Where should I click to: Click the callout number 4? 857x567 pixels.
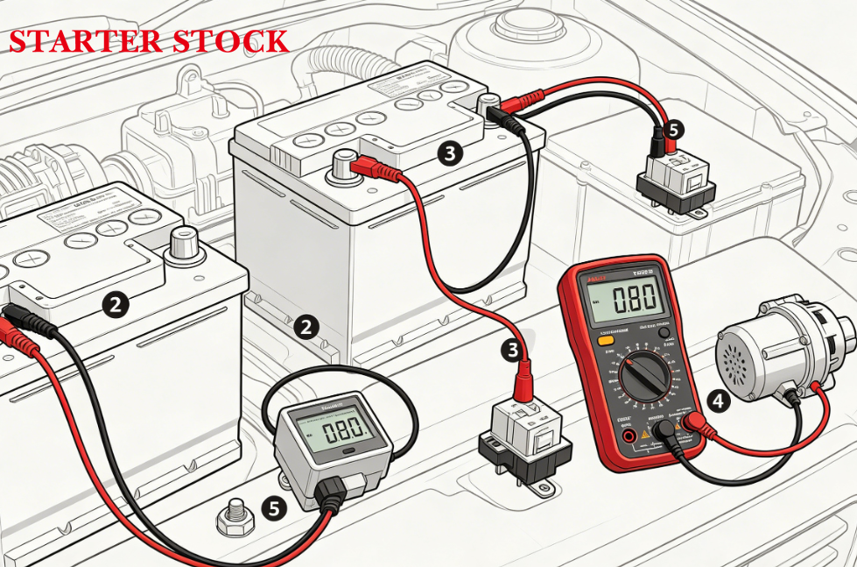[x=718, y=402]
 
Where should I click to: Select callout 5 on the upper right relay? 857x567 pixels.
[x=671, y=130]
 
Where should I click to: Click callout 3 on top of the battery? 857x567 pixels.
[x=449, y=154]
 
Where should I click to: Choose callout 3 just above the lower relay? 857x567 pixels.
[x=516, y=350]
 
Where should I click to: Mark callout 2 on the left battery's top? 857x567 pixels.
[x=115, y=305]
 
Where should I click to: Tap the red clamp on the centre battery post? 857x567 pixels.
[x=366, y=166]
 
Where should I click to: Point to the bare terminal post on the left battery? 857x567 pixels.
[x=184, y=242]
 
